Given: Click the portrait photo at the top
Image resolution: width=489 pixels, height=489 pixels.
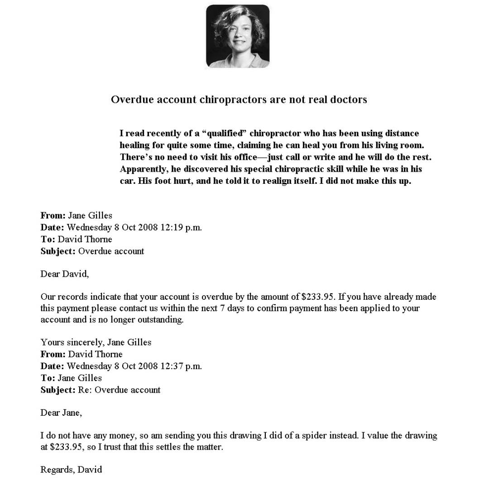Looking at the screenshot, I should (x=238, y=36).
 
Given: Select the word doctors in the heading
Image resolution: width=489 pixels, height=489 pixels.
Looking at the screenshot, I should (x=348, y=100).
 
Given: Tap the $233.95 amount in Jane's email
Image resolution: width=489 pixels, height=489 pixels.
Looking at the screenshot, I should (x=318, y=297).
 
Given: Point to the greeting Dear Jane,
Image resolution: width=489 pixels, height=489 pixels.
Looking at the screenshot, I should (x=61, y=412).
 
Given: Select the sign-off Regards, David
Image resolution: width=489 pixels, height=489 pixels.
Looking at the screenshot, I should (x=71, y=470).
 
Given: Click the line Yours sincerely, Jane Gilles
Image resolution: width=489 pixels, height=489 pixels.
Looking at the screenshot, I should (x=96, y=342).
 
